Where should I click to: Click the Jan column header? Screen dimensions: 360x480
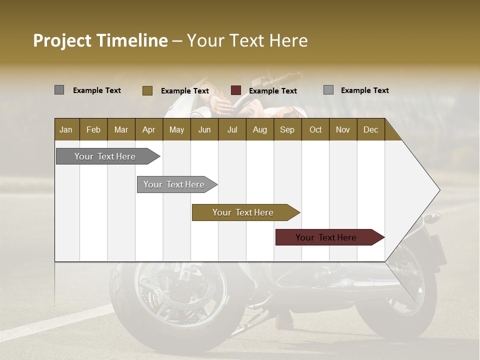pyautogui.click(x=66, y=129)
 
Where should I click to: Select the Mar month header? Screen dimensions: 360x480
pyautogui.click(x=121, y=129)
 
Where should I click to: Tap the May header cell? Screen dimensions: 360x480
pyautogui.click(x=176, y=129)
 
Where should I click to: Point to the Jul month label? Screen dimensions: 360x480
pyautogui.click(x=232, y=129)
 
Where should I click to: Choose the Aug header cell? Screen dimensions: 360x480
pyautogui.click(x=259, y=129)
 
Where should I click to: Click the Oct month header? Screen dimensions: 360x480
pyautogui.click(x=315, y=129)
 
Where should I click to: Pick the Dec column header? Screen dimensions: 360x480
pyautogui.click(x=370, y=129)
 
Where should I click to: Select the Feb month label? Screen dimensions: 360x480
pyautogui.click(x=93, y=129)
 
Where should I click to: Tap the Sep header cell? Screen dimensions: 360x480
pyautogui.click(x=287, y=129)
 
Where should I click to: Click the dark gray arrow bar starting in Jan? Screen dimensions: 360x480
pyautogui.click(x=105, y=156)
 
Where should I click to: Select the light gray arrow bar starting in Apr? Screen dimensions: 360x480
pyautogui.click(x=174, y=184)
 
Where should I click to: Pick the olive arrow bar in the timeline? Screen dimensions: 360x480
pyautogui.click(x=243, y=212)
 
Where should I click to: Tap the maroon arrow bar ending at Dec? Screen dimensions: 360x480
pyautogui.click(x=326, y=237)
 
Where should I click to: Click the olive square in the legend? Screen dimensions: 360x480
pyautogui.click(x=147, y=90)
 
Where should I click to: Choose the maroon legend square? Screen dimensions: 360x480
pyautogui.click(x=236, y=90)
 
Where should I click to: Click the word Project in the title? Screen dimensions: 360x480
pyautogui.click(x=62, y=40)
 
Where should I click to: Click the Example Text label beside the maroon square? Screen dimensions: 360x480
pyautogui.click(x=273, y=91)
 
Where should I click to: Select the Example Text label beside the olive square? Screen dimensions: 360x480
pyautogui.click(x=185, y=91)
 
